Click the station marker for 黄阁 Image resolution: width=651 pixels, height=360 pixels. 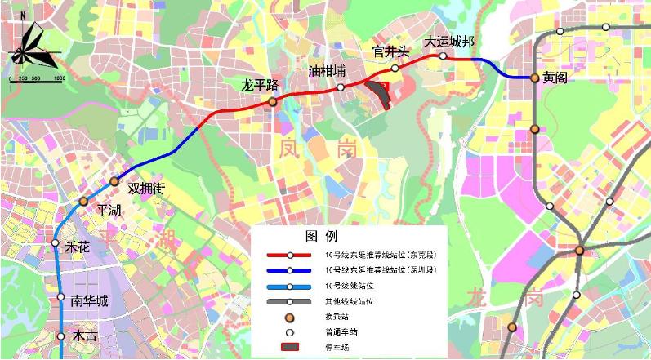coord(534,78)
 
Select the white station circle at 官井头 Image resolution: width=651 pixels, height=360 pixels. coord(395,68)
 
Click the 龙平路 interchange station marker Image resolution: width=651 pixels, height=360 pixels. coord(273,101)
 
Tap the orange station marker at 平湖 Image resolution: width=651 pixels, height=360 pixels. coord(83,201)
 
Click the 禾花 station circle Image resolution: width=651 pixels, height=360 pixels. coord(56,243)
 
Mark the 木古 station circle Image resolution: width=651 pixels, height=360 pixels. coord(61,336)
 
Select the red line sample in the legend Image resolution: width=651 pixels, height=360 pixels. coord(289,255)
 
